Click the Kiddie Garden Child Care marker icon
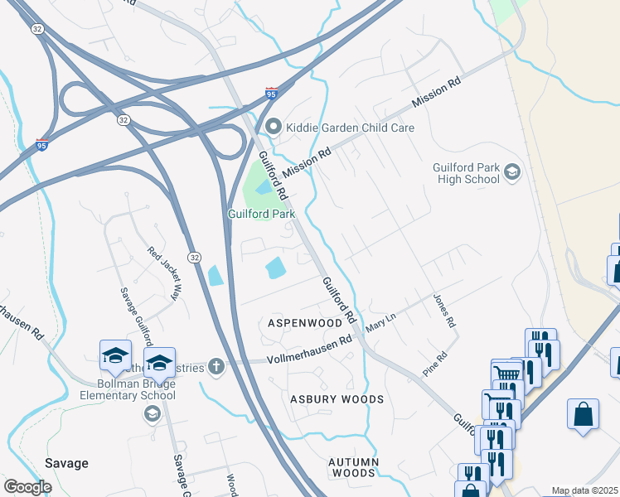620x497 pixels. click(x=274, y=128)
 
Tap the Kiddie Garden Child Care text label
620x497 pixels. click(x=350, y=128)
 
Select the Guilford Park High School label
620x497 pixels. click(x=466, y=174)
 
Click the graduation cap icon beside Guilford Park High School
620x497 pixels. click(x=512, y=171)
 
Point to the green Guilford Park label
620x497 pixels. click(x=262, y=214)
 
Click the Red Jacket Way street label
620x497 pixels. click(x=163, y=273)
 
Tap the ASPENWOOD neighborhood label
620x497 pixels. click(x=304, y=321)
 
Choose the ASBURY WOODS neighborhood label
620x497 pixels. click(x=337, y=399)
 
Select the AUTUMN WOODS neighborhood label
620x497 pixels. click(x=353, y=467)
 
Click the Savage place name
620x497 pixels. click(x=66, y=463)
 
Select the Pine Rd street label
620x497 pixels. click(x=435, y=366)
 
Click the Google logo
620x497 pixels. click(x=27, y=487)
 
